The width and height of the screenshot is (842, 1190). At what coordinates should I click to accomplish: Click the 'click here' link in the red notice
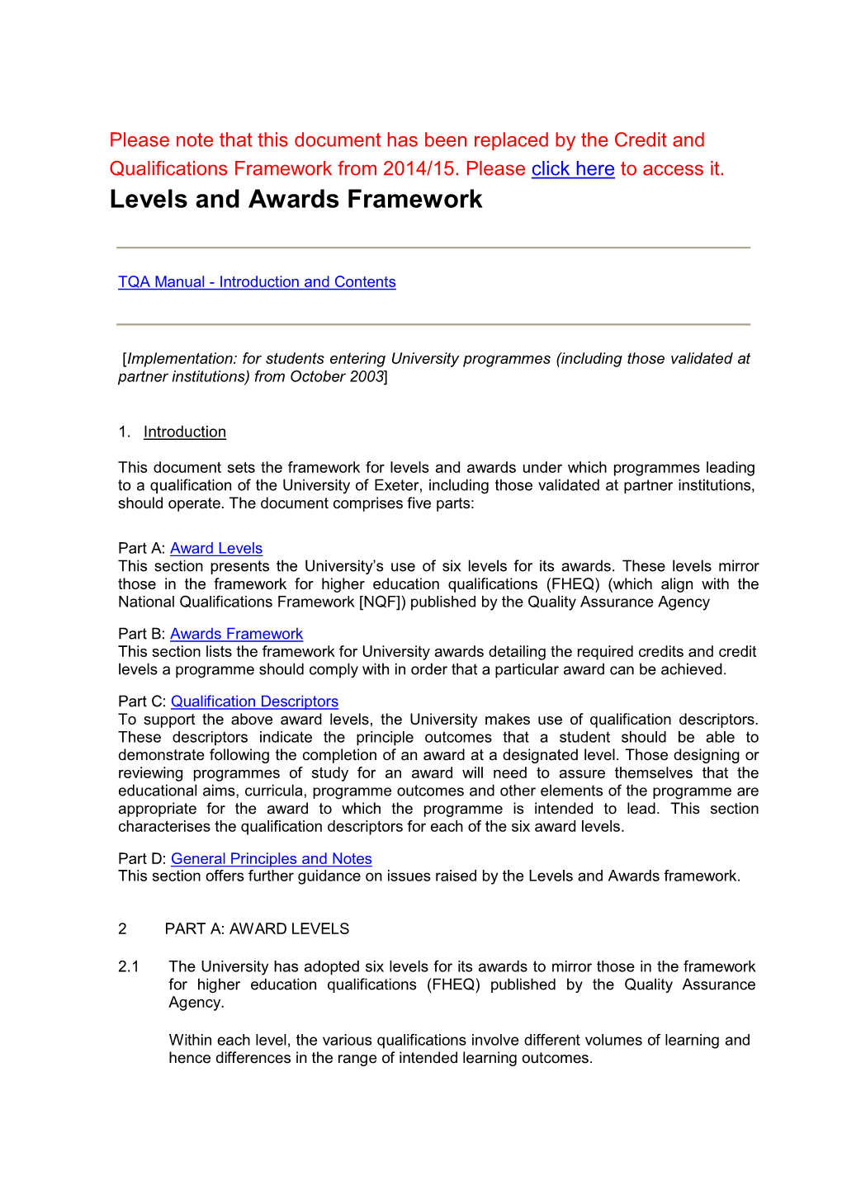(572, 169)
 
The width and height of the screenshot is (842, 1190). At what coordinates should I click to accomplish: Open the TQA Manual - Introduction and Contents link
(257, 282)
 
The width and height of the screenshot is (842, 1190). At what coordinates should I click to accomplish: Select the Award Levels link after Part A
(216, 549)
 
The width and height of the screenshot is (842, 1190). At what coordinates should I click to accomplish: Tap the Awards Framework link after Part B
(236, 635)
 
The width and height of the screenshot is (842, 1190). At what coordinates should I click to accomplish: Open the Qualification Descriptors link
(254, 701)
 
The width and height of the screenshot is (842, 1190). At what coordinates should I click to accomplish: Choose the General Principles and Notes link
(271, 859)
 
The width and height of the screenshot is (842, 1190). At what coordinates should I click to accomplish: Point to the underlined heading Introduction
(185, 432)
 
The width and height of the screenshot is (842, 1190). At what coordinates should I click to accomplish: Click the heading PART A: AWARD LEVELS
(257, 929)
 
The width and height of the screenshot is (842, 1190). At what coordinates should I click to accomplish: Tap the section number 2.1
(129, 967)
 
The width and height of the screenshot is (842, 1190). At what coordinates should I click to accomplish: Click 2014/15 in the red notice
(421, 169)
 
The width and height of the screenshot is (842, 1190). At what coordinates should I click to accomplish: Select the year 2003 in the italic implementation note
(367, 377)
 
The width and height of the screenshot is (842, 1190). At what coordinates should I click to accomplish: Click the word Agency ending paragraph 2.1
(196, 1003)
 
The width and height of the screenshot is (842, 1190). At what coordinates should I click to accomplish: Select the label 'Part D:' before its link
(142, 859)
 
